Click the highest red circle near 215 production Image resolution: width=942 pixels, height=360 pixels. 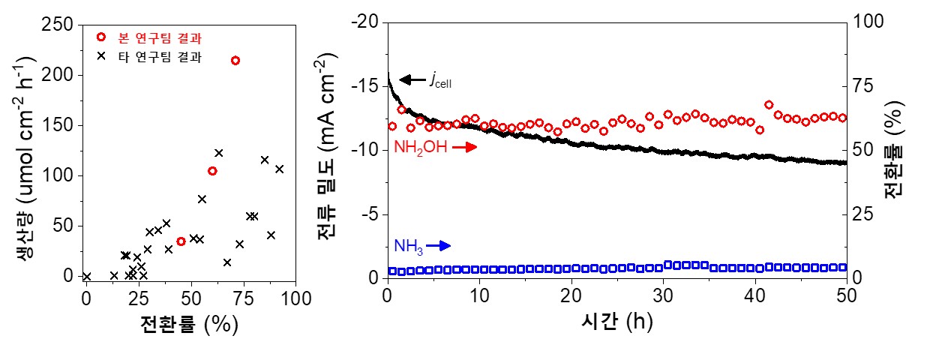pyautogui.click(x=235, y=61)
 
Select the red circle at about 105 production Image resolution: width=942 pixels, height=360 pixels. pyautogui.click(x=212, y=171)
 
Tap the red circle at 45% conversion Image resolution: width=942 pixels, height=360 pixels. pyautogui.click(x=181, y=241)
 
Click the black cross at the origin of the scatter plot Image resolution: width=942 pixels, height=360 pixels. pyautogui.click(x=87, y=277)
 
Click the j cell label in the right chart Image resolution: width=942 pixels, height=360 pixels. pyautogui.click(x=440, y=80)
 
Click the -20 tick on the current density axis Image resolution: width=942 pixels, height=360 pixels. pyautogui.click(x=368, y=22)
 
